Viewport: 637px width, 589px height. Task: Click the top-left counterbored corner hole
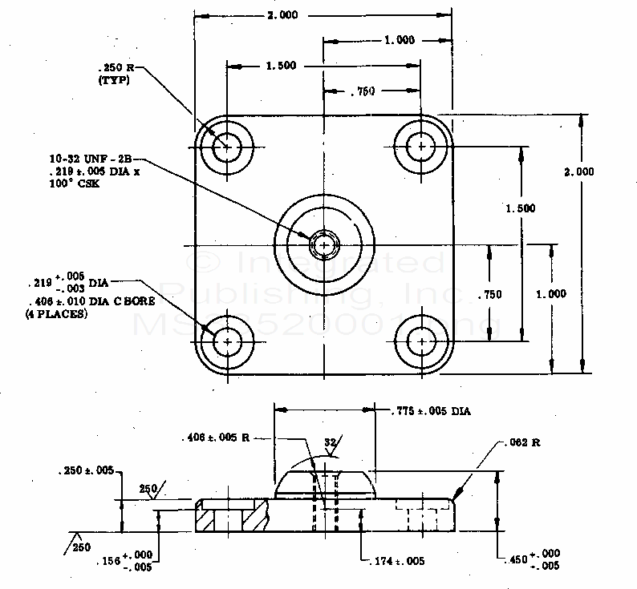pos(227,147)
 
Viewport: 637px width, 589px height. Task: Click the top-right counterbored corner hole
pos(420,146)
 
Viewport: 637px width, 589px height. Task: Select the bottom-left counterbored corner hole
pos(228,341)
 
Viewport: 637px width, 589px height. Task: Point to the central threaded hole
pos(324,244)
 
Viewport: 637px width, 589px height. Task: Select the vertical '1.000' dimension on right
pos(552,294)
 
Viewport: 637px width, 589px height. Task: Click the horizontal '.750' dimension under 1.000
pos(363,91)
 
